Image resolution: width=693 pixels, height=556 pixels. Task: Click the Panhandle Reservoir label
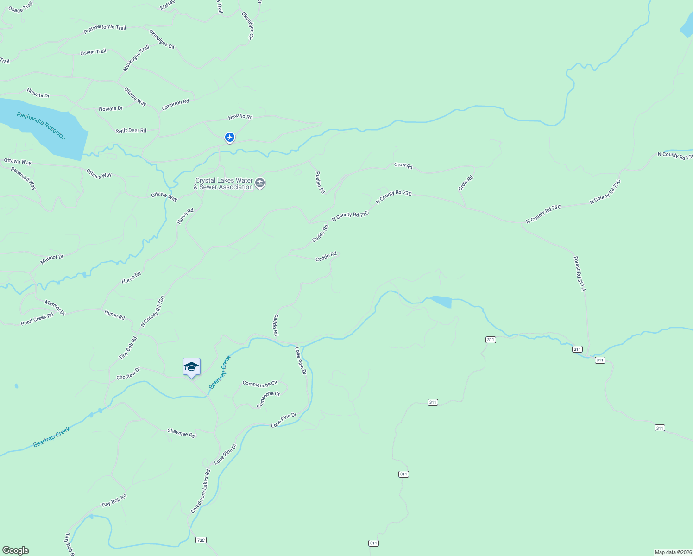[41, 126]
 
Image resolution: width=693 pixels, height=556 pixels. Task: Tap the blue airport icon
[230, 138]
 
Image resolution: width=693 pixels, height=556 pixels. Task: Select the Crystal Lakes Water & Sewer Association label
[224, 184]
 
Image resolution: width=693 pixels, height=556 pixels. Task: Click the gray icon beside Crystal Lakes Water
[260, 183]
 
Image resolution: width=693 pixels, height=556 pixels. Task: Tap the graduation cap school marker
[191, 367]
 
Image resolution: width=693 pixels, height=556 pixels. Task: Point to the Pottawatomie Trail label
[105, 29]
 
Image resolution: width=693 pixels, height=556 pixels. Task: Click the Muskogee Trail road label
[136, 58]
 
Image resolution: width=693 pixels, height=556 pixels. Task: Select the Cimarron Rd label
[175, 105]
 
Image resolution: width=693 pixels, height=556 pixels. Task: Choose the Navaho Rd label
[240, 117]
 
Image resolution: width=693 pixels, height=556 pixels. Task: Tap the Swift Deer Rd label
[131, 131]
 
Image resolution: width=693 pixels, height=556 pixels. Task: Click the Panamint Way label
[24, 178]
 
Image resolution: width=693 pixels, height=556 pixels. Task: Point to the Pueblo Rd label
[320, 183]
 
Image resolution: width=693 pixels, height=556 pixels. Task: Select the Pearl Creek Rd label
[37, 320]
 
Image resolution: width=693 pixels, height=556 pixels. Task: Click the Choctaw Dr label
[128, 374]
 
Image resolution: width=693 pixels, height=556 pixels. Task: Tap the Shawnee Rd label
[181, 433]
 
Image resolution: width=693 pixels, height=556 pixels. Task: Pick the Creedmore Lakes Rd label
[201, 492]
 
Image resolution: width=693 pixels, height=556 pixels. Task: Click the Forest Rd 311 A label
[580, 274]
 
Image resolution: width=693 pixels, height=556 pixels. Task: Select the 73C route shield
[201, 540]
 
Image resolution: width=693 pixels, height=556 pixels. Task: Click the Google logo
[16, 550]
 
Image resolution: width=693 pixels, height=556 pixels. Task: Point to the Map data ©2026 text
[673, 552]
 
